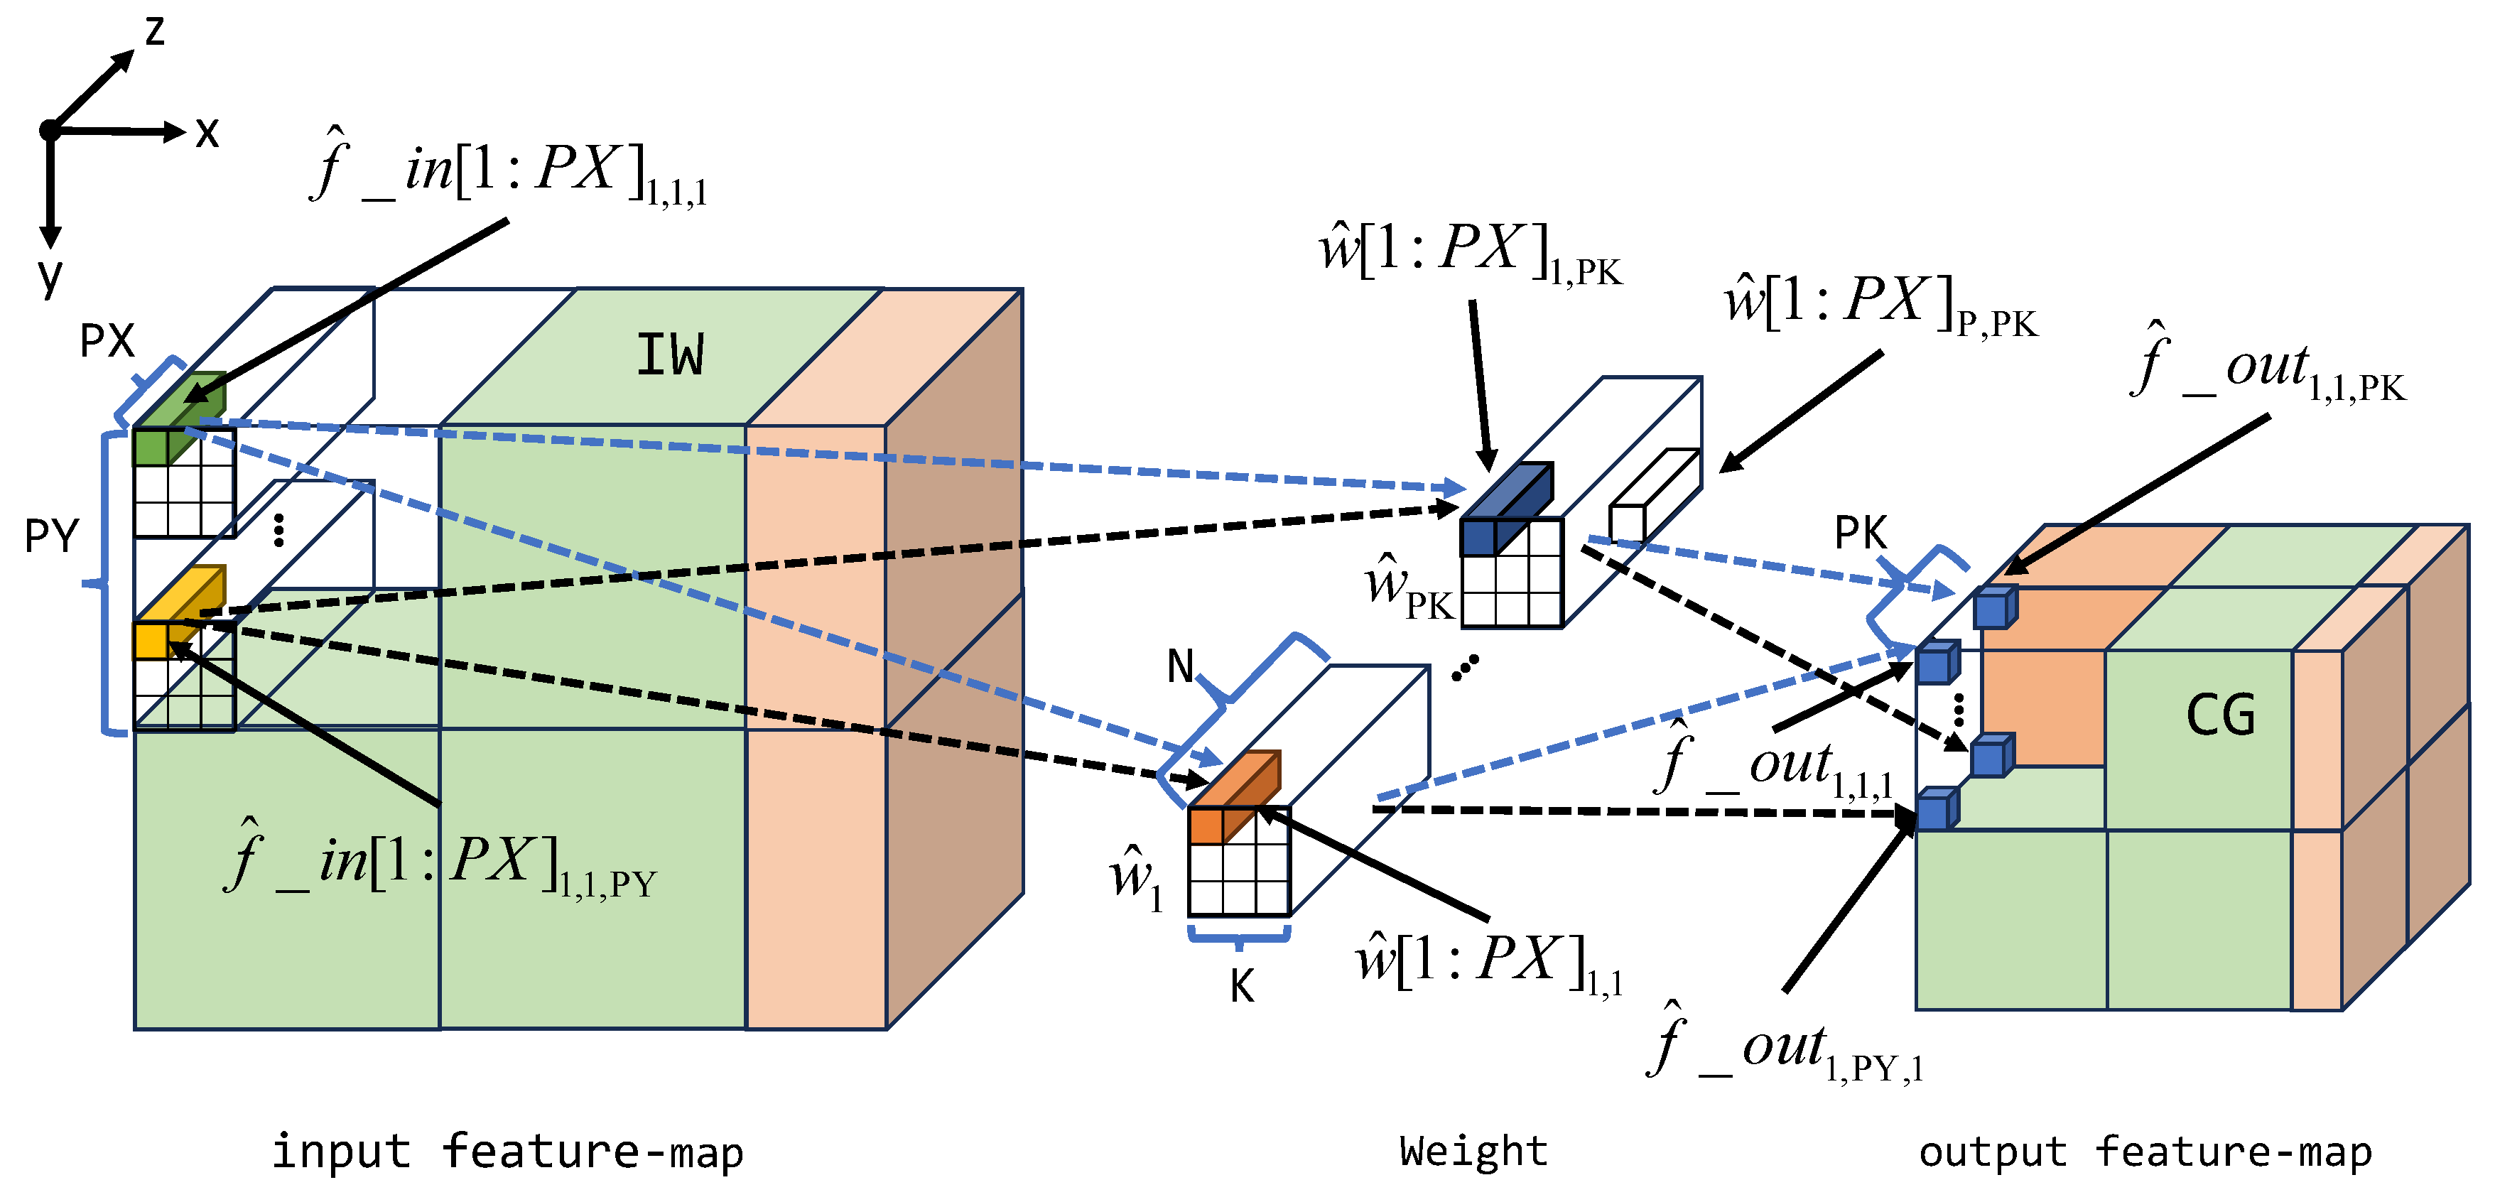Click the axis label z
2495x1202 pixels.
(x=155, y=31)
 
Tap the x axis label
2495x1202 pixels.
(x=206, y=133)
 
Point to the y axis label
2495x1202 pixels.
(x=50, y=276)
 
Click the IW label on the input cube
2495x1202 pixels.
(x=670, y=354)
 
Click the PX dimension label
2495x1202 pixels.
(x=107, y=340)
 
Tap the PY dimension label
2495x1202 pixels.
(x=51, y=535)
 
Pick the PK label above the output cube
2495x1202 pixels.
(x=1861, y=533)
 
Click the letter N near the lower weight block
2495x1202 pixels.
(x=1181, y=666)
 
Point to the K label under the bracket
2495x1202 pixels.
(x=1242, y=987)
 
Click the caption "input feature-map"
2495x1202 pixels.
(x=507, y=1152)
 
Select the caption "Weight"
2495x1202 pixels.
(x=1473, y=1151)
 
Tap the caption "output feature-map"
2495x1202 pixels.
(x=2145, y=1152)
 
